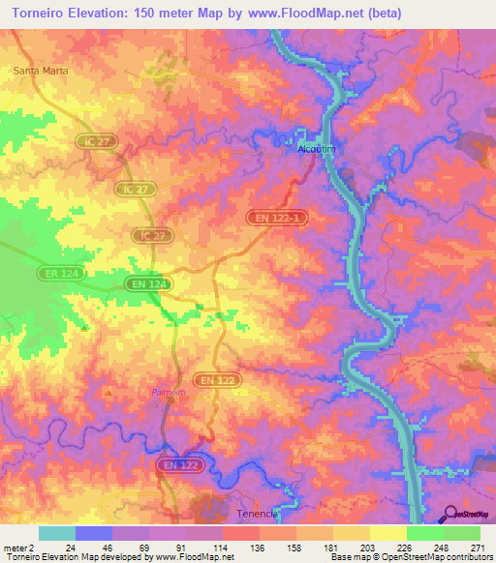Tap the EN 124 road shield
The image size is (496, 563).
(x=148, y=283)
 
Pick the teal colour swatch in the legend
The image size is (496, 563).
(x=56, y=533)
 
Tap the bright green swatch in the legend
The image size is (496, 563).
(x=424, y=533)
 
